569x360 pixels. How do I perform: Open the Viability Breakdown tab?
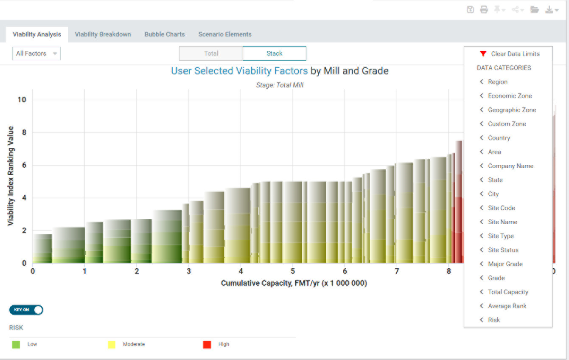click(x=103, y=34)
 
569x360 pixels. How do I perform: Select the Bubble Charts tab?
click(x=165, y=34)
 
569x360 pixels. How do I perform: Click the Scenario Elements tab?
click(x=225, y=34)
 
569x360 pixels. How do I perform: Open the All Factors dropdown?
click(x=36, y=53)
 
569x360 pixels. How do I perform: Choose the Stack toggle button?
click(x=274, y=53)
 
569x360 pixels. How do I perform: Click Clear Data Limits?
click(x=515, y=54)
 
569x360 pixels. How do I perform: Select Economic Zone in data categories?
click(x=510, y=96)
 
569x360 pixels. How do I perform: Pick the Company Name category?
click(x=510, y=166)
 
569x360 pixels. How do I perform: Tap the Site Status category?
click(x=503, y=250)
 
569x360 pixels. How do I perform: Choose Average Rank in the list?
click(x=507, y=306)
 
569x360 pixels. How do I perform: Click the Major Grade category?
click(x=505, y=264)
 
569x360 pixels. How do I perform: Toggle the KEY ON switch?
click(x=26, y=310)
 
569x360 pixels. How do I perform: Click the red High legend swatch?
click(x=207, y=345)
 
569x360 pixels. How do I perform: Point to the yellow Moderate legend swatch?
click(x=112, y=345)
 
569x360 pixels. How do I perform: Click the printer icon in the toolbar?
click(x=484, y=10)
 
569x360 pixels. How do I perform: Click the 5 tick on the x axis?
click(x=292, y=271)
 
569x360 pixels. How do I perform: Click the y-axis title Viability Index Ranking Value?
click(x=11, y=176)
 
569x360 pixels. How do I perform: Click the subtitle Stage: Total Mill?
click(x=280, y=85)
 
